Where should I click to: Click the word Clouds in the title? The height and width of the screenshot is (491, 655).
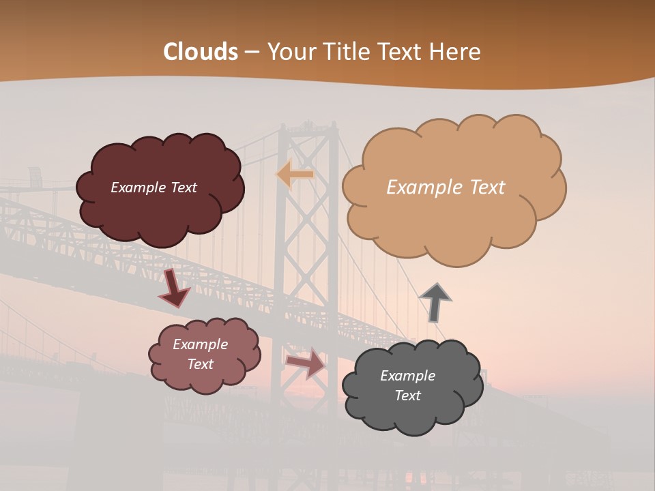click(x=201, y=52)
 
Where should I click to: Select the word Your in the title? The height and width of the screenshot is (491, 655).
click(x=291, y=52)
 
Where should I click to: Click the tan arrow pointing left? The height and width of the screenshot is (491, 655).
click(x=295, y=175)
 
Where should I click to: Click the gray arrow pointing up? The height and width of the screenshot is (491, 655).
click(x=435, y=302)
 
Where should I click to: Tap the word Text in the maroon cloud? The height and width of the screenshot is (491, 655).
click(x=183, y=188)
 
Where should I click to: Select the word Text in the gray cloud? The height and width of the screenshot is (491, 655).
click(x=408, y=396)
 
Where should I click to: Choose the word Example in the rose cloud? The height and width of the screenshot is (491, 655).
click(x=201, y=344)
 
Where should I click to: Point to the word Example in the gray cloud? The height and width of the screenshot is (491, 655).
click(x=407, y=376)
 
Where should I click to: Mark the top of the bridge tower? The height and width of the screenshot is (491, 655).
click(x=306, y=127)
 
